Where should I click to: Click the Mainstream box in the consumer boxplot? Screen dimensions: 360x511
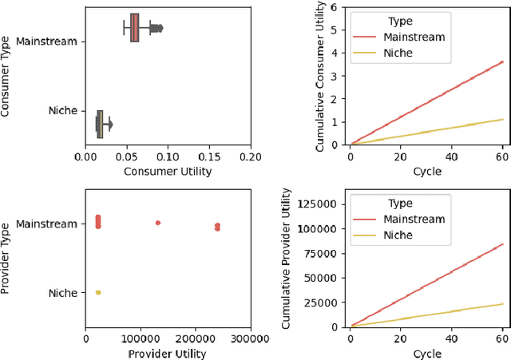(134, 28)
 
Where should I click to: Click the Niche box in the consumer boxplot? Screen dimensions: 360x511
(100, 124)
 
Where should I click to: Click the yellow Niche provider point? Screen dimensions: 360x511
(97, 292)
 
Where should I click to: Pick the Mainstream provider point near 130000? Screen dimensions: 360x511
(157, 223)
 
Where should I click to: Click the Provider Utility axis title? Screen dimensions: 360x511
(168, 354)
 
